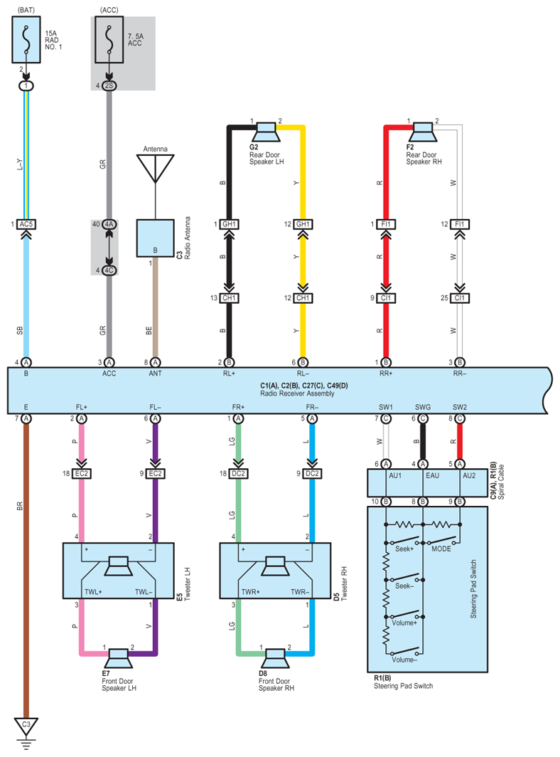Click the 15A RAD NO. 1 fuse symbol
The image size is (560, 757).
coord(26,40)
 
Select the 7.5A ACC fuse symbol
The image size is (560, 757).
coord(109,40)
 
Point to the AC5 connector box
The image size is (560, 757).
coord(26,224)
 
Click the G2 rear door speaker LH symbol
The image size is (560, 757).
coord(266,132)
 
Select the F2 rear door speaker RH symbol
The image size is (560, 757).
coord(423,132)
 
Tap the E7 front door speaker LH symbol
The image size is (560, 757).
coord(118,659)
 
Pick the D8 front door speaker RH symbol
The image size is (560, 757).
coord(275,659)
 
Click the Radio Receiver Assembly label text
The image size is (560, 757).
coord(297,393)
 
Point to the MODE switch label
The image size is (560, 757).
coord(441,549)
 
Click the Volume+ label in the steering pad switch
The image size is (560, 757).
coord(404,623)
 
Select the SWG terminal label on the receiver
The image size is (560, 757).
coord(423,407)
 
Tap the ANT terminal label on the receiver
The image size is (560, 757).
coord(156,374)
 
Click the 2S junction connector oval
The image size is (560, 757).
coord(109,85)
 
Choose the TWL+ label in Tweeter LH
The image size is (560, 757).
coord(94,592)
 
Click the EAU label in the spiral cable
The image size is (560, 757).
coord(432,475)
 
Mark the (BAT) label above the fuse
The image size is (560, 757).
coord(26,10)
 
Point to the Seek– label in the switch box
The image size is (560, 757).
coord(404,586)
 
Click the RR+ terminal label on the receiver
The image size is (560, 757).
coord(386,374)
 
